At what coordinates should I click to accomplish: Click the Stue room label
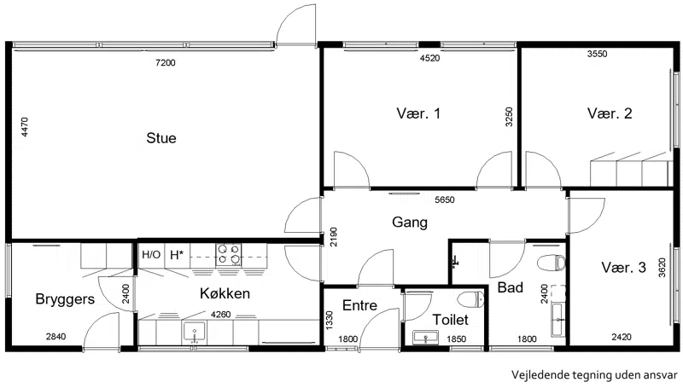161,138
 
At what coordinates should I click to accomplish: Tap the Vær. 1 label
418,113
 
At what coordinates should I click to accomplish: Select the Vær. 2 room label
610,113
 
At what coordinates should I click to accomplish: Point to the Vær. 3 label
623,268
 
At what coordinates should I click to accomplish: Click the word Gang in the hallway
410,223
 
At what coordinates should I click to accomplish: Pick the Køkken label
225,293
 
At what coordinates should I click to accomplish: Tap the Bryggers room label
65,299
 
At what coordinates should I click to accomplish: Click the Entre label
359,305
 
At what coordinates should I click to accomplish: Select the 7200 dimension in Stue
166,62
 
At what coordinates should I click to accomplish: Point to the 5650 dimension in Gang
445,200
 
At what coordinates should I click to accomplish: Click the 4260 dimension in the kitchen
221,315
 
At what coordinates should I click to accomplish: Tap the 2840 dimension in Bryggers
56,336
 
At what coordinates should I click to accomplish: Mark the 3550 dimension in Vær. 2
597,54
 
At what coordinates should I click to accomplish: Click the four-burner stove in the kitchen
229,255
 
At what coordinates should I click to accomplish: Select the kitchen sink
195,333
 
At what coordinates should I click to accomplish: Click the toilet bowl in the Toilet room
471,298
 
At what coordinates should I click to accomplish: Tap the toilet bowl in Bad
552,263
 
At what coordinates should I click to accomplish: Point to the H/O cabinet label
151,254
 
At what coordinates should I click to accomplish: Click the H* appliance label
177,254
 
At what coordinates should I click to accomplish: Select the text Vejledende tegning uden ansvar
594,375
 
